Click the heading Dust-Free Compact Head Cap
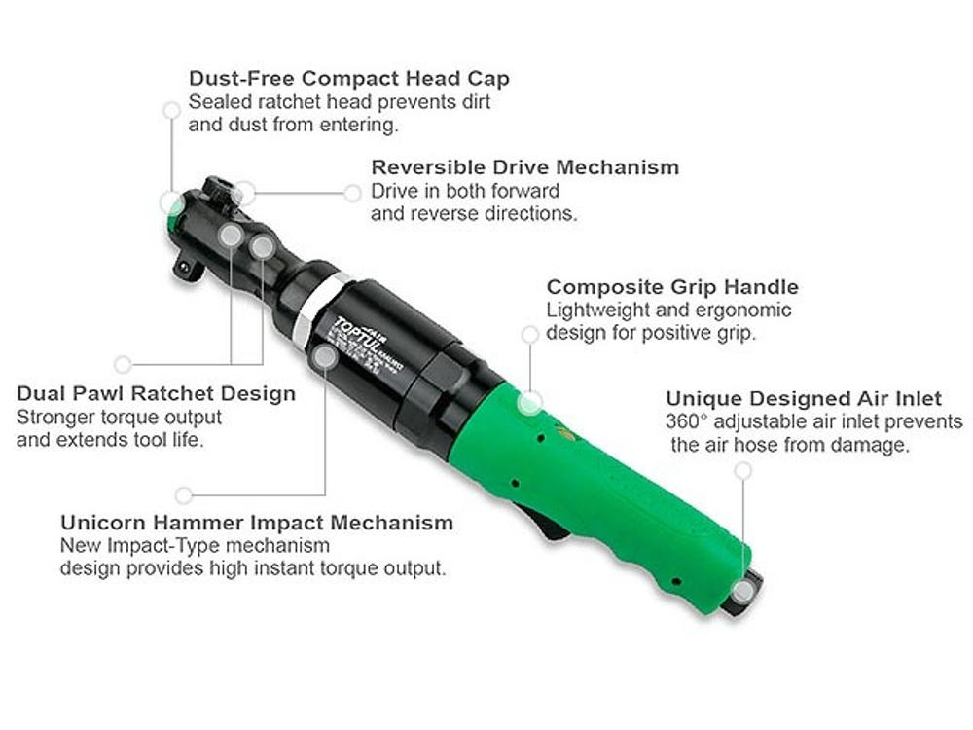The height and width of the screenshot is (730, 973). [348, 78]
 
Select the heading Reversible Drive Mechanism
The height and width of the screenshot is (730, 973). [524, 167]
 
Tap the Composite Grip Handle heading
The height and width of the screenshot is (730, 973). [672, 287]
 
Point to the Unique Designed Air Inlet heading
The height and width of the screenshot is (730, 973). [804, 399]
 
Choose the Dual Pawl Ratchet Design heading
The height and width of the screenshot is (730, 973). [156, 394]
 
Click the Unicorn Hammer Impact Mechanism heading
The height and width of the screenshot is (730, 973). [257, 523]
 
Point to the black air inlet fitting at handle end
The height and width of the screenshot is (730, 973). [743, 595]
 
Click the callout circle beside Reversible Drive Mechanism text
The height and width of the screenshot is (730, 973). [352, 193]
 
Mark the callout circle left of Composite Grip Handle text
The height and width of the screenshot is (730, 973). [530, 334]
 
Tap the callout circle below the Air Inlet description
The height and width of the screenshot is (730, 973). [743, 470]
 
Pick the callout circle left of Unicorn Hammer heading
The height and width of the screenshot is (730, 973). [183, 494]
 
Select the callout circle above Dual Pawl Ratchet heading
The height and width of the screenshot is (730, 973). [123, 364]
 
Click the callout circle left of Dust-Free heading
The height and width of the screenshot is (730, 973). [172, 110]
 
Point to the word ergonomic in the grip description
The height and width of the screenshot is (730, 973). [745, 310]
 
